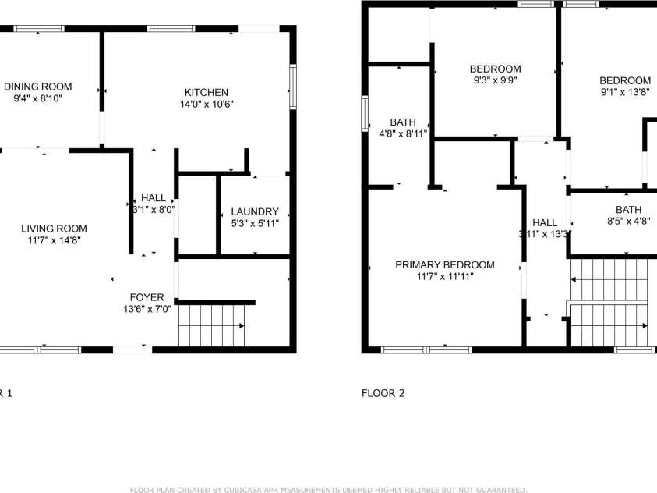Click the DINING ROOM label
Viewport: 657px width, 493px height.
(x=38, y=87)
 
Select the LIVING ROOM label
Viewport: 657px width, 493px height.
(x=54, y=229)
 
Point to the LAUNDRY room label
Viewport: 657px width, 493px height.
(x=255, y=211)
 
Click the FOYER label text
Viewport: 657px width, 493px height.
(x=147, y=297)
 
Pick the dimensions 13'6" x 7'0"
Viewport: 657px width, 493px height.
(x=147, y=309)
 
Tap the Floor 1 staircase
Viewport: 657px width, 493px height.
(x=212, y=325)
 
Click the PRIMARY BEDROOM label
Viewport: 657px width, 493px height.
(x=445, y=264)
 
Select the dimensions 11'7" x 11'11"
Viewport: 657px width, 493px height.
(x=445, y=276)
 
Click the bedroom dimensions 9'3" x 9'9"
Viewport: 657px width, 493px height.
(x=495, y=80)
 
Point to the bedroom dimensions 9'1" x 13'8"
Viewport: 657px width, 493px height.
(x=625, y=92)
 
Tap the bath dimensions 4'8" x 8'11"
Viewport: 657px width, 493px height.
(x=403, y=133)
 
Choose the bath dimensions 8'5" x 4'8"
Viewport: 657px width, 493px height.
(x=628, y=222)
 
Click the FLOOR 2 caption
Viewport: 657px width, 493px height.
(x=383, y=393)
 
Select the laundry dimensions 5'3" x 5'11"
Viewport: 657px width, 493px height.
(x=255, y=223)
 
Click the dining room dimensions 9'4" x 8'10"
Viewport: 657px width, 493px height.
(x=38, y=98)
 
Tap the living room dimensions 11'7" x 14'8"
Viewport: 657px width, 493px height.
(x=54, y=240)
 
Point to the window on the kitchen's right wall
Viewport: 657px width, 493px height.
(x=293, y=86)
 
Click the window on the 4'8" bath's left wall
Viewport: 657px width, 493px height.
(x=365, y=114)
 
